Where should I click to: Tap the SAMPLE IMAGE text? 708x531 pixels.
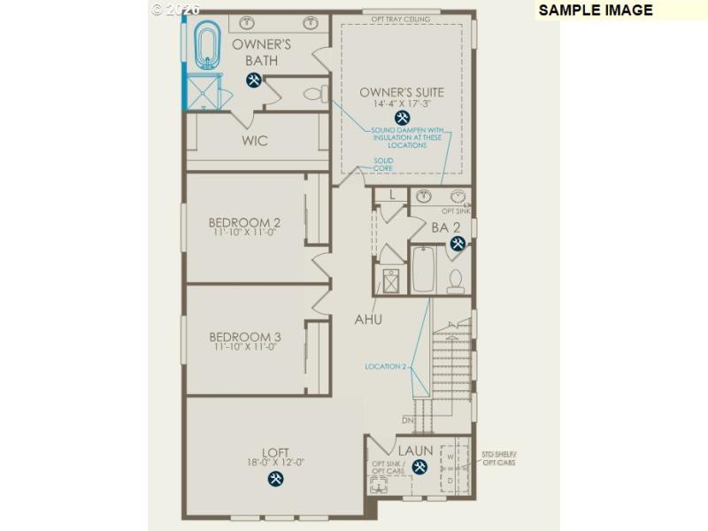coord(596,11)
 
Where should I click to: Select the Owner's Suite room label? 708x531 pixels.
coord(402,92)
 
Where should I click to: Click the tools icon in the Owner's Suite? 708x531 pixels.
coord(403,118)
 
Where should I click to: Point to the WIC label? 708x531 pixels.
coord(255,141)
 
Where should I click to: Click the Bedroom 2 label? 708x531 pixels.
coord(244,222)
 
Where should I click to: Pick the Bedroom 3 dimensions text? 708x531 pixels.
coord(244,348)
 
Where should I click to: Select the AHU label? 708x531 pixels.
coord(368,319)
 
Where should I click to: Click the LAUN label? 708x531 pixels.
coord(415,451)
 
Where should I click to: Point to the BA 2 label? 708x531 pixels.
coord(447,227)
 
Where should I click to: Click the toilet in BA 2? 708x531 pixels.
coord(456,279)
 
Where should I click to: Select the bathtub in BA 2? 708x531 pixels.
coord(423,269)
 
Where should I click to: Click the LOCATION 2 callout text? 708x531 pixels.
coord(386,366)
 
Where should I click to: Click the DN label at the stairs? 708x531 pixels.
coord(408,419)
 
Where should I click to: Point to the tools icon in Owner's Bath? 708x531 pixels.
coord(253,81)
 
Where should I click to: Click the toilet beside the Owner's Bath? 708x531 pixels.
coord(313,92)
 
